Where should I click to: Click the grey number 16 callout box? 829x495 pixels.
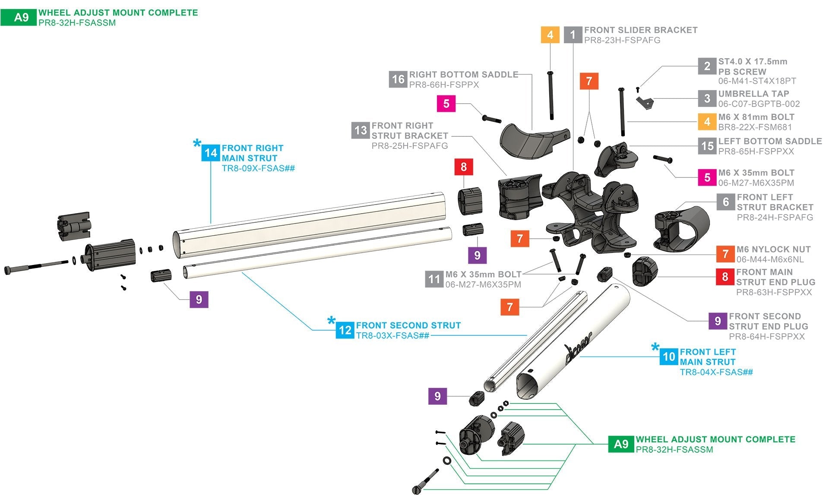(398, 79)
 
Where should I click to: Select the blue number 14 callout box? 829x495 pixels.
(211, 153)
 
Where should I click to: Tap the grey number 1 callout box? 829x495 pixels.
(573, 35)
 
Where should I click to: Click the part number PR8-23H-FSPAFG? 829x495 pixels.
(622, 40)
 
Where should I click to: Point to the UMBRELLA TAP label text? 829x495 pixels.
(753, 94)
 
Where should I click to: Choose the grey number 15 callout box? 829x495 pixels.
(707, 146)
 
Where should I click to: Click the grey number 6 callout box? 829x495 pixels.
(726, 202)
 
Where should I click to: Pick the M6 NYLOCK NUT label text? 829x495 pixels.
(773, 249)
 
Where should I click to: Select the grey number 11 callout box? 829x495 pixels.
(434, 279)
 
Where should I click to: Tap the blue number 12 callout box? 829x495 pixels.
(345, 330)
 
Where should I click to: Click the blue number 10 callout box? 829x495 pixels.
(669, 356)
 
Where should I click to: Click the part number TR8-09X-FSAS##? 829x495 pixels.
(258, 168)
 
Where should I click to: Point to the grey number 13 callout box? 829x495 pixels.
(361, 130)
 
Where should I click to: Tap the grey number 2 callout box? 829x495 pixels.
(707, 66)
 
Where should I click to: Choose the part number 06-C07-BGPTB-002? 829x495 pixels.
(759, 104)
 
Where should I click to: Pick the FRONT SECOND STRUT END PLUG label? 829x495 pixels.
(768, 322)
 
